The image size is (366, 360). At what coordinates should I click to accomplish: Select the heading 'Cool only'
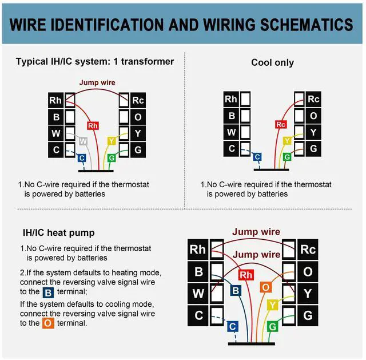point(272,62)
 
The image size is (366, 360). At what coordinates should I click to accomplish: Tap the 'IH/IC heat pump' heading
point(58,233)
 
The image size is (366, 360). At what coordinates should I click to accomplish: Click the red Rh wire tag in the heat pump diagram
point(246,275)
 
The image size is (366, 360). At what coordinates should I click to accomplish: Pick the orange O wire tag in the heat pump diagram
point(265,287)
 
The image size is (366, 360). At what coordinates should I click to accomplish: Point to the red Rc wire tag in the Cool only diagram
point(280,124)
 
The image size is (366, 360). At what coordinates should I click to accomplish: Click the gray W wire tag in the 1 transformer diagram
point(83,141)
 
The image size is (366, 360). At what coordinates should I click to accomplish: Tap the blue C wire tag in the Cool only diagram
point(257,157)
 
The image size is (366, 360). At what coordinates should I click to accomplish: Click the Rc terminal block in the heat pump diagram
point(308,250)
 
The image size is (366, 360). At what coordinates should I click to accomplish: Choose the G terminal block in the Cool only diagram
point(313,148)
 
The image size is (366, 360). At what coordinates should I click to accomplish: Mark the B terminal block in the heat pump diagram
point(199,272)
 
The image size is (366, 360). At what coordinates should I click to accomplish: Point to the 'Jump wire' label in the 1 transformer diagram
point(97,82)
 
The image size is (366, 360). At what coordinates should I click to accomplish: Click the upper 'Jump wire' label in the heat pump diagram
point(256,232)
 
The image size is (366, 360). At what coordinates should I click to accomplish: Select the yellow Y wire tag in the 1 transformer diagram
point(112,141)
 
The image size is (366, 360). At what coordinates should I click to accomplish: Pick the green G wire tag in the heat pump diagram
point(273,326)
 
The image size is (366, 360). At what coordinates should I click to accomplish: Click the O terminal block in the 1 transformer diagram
point(137,117)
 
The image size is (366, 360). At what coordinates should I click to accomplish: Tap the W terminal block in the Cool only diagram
point(231,132)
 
